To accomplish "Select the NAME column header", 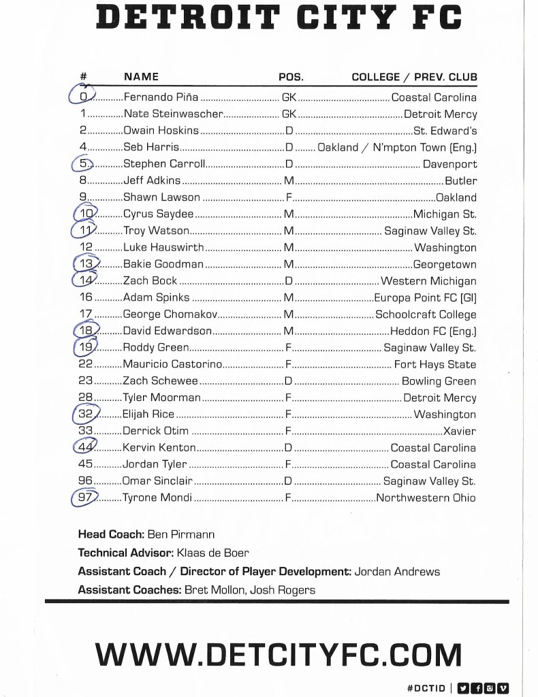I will (141, 77).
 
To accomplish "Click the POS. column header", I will (291, 77).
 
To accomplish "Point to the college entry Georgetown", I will (445, 264).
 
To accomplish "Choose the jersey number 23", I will (86, 381).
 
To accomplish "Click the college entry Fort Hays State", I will (435, 364).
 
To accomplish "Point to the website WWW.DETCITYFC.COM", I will (278, 655).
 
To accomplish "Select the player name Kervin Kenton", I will (159, 447).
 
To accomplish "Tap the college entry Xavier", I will (460, 431).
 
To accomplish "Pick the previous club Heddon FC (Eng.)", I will (433, 331).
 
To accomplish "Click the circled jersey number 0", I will (83, 97).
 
